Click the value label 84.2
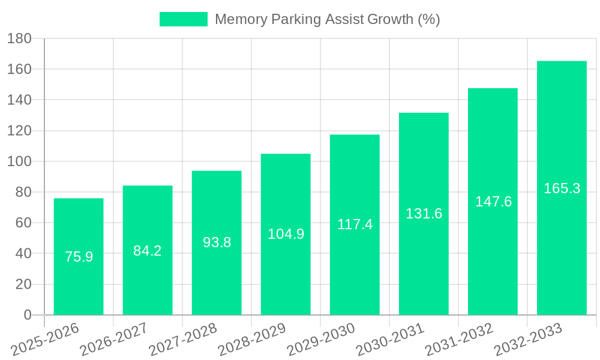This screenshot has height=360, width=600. pos(148,251)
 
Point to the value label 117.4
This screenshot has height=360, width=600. pos(355,224)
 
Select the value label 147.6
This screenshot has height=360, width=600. pos(493,202)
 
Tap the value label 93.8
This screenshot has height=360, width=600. pos(217,242)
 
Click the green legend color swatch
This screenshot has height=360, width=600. pos(183,19)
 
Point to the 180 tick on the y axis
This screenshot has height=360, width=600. pos(19,38)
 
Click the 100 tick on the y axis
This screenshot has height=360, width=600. pos(19,161)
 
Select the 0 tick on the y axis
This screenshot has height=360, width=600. pos(27,315)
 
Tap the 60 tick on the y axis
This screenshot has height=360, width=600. pos(23,223)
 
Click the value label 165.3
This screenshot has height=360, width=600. pos(562,188)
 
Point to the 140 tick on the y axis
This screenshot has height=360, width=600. pos(19,100)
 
